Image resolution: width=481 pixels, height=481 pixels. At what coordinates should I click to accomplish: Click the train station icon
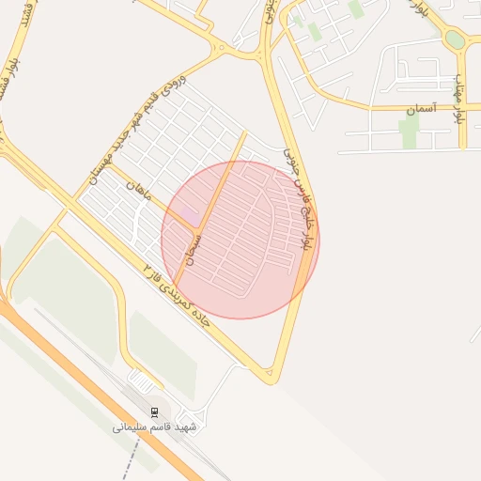click(155, 411)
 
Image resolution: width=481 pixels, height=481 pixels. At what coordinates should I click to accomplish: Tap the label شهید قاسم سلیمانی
click(155, 427)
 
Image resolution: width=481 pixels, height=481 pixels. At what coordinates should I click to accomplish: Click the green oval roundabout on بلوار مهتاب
click(455, 39)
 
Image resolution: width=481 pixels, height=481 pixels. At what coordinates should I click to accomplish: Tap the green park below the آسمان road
click(408, 132)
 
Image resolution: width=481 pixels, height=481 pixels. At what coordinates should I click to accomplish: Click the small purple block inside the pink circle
click(190, 216)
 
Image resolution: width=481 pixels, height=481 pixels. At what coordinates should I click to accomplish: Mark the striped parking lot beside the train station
click(143, 380)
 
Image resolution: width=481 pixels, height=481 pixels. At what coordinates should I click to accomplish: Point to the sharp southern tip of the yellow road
click(272, 380)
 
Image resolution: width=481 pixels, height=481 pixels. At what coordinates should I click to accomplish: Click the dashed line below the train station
click(130, 460)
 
